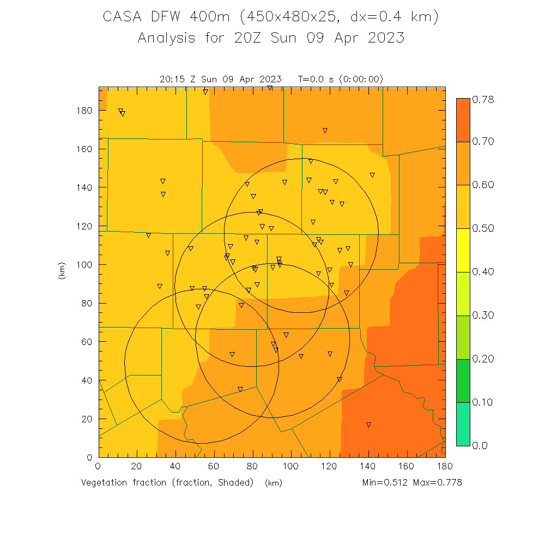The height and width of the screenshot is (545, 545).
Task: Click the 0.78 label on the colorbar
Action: [x=482, y=99]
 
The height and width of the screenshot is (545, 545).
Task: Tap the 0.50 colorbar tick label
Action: [x=482, y=228]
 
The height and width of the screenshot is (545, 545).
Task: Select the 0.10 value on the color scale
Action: [x=482, y=402]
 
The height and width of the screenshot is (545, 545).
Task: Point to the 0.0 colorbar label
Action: [x=480, y=446]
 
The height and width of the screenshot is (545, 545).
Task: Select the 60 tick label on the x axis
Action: [x=214, y=466]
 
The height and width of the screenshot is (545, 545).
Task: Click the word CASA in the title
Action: [x=119, y=17]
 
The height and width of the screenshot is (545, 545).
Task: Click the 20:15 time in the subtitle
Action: [x=171, y=79]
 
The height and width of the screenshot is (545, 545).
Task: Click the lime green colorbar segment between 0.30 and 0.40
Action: [x=463, y=294]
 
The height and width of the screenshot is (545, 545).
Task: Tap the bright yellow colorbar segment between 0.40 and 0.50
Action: [x=463, y=250]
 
